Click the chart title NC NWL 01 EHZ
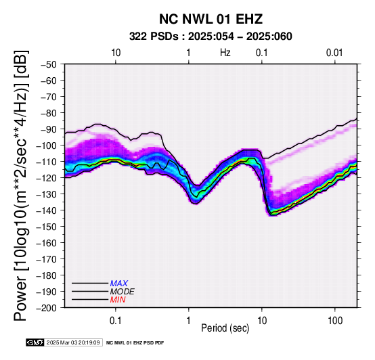click(x=211, y=19)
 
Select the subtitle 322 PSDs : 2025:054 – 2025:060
click(x=211, y=37)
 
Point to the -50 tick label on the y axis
click(x=49, y=64)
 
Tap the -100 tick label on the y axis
click(x=46, y=145)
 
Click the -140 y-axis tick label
click(x=46, y=210)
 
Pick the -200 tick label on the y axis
click(x=46, y=308)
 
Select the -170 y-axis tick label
click(x=46, y=259)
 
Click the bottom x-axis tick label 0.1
click(x=116, y=321)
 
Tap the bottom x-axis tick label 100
click(x=335, y=321)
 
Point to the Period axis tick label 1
click(x=188, y=321)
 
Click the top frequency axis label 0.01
click(x=334, y=53)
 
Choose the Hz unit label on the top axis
click(x=225, y=53)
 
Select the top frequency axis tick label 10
click(x=116, y=53)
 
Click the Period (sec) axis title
click(x=225, y=328)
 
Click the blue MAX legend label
click(x=119, y=284)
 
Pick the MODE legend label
click(x=123, y=292)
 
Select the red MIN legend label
click(x=118, y=300)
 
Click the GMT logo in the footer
click(x=35, y=342)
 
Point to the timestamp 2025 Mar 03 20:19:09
click(x=73, y=342)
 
